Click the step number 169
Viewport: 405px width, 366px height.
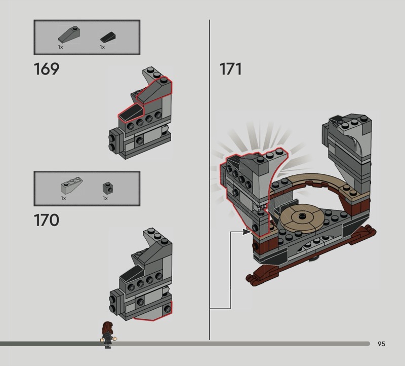46,68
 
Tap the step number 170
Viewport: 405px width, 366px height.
46,221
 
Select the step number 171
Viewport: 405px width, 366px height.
230,68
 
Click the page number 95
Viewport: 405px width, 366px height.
381,344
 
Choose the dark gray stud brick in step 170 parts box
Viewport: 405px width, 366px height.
106,188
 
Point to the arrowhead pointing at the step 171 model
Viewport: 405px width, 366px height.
248,232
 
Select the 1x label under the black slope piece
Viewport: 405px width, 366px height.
102,47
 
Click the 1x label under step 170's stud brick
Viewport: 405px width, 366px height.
105,198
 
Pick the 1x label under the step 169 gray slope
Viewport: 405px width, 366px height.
60,47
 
